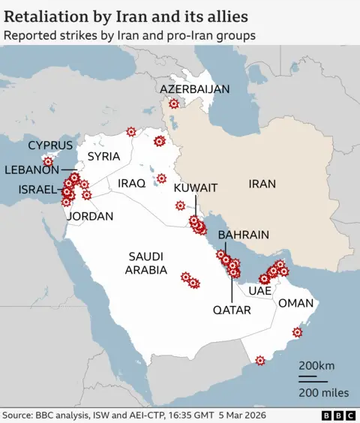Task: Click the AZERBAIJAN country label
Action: coord(194,89)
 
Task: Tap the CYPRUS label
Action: coord(50,145)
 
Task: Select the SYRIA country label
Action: coord(103,157)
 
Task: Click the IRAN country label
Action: coord(262,183)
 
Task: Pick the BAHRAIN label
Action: coord(243,235)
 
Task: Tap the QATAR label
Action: coord(232,310)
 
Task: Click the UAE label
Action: coord(259,290)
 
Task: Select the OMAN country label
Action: coord(295,303)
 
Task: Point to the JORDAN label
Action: coord(90,216)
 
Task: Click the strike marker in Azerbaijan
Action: coord(174,105)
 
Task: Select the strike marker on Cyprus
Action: coord(49,160)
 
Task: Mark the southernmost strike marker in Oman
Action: coord(260,360)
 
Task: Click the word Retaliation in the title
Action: coord(47,15)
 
